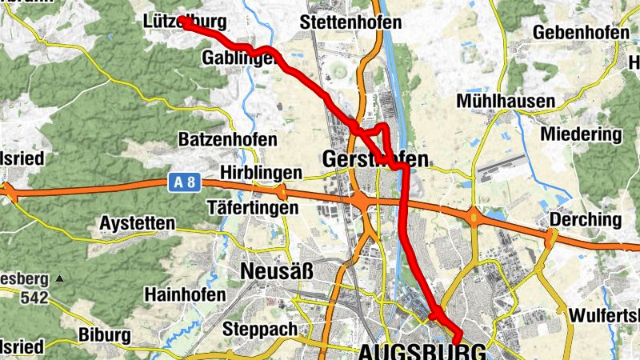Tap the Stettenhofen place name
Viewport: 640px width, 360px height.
coord(350,22)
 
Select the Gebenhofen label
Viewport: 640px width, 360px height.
coord(578,32)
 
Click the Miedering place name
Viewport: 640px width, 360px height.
coord(581,134)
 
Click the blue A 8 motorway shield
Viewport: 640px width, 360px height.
coord(184,183)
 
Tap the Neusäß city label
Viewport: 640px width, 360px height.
coord(276,272)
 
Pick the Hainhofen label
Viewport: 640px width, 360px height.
coord(185,294)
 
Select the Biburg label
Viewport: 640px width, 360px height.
coord(105,334)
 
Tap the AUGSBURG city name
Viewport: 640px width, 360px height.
coord(422,351)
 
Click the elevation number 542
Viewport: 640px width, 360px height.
coord(36,299)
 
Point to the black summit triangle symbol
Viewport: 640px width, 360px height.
coord(59,279)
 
